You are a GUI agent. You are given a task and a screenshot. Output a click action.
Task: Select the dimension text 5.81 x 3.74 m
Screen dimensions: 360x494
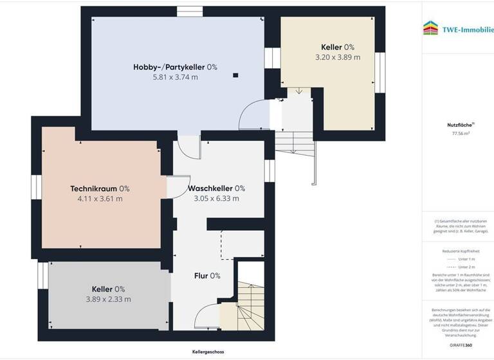(175, 77)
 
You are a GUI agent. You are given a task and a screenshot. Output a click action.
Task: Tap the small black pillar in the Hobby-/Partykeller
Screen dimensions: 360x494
(235, 75)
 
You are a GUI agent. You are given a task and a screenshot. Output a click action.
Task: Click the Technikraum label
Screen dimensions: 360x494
(100, 188)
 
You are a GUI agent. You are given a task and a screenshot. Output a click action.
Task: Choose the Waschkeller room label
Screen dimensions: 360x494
(216, 188)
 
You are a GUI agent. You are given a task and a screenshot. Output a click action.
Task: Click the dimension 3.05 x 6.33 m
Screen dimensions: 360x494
(216, 199)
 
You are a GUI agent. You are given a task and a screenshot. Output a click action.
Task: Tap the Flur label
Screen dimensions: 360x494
(207, 276)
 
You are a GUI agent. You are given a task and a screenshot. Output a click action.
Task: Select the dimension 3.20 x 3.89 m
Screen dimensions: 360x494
(338, 57)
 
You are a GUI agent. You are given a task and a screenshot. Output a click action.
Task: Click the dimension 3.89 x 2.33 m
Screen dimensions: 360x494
(108, 299)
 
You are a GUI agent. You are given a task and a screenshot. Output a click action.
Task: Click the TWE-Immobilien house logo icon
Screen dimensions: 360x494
(430, 28)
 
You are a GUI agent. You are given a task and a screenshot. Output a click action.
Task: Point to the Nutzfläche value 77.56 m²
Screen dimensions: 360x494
(458, 134)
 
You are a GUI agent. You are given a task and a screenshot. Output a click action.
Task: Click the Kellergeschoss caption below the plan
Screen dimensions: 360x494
(208, 352)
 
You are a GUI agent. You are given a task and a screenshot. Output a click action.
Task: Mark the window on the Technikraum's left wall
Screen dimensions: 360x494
(36, 188)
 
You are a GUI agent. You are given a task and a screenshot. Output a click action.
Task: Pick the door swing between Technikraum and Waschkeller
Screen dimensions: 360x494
(174, 187)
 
